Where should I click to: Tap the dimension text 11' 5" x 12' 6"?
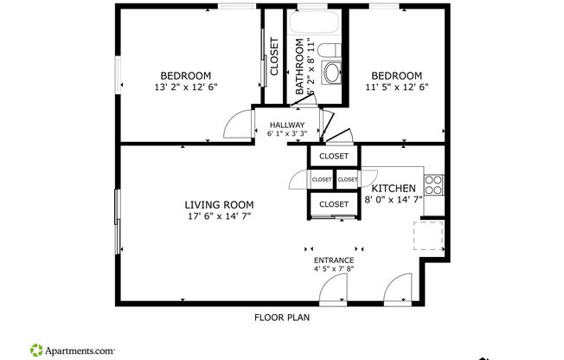pos(397,87)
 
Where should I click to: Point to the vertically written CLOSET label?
pos(274,56)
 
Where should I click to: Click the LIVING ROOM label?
pos(218,205)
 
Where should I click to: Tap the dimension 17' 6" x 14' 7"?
pos(218,216)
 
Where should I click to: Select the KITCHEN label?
pos(394,189)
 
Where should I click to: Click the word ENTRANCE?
pos(333,260)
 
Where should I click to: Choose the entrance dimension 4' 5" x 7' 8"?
pos(333,269)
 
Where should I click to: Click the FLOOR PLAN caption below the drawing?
pos(281,317)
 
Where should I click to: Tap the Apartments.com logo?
pos(74,350)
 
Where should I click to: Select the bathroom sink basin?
pos(332,74)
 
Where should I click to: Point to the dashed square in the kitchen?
pos(429,235)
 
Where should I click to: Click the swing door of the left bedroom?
pos(236,127)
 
